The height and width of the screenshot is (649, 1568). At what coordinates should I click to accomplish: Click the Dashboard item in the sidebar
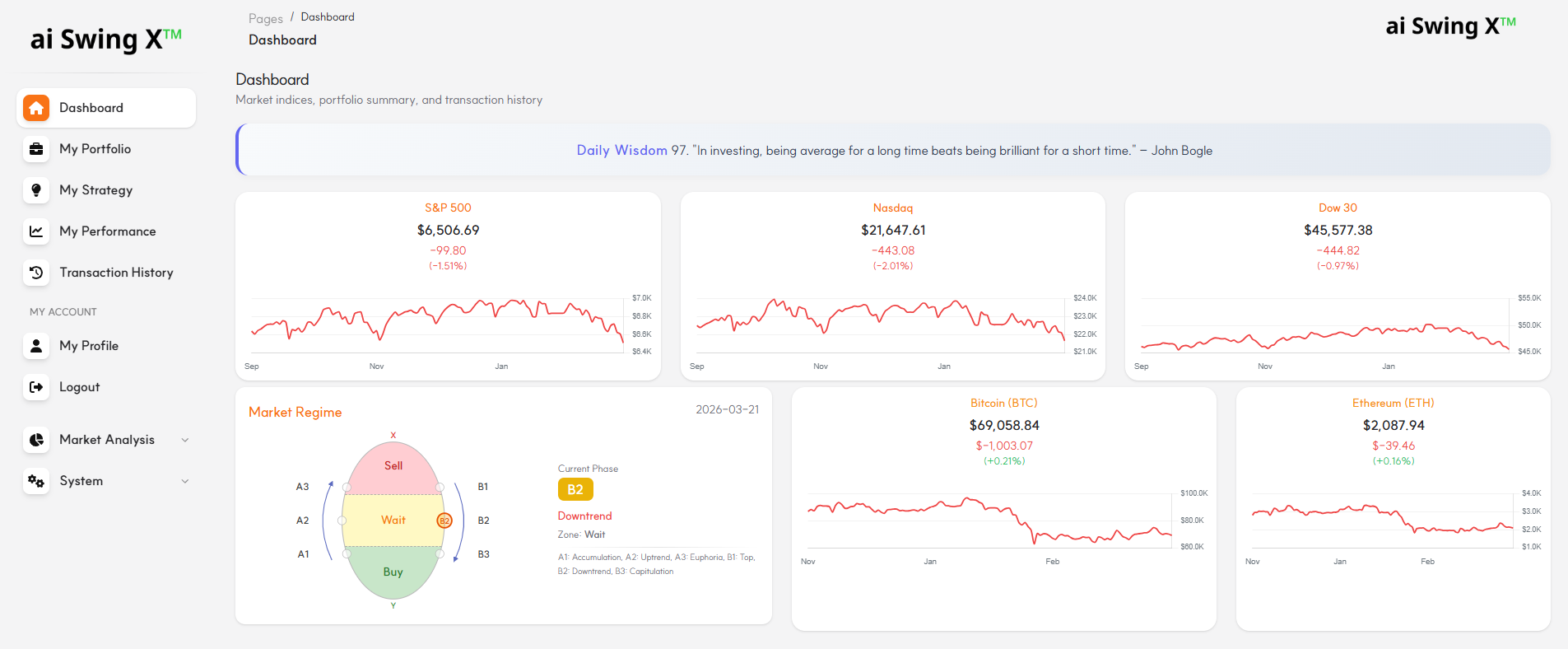click(x=91, y=108)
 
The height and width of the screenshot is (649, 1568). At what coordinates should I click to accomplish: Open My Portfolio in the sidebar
click(x=95, y=149)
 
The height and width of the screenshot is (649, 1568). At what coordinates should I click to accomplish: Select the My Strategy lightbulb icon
click(x=36, y=190)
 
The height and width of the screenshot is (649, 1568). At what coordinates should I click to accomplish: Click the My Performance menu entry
click(x=107, y=231)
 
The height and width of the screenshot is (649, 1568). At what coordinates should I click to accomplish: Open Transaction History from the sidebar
click(x=116, y=273)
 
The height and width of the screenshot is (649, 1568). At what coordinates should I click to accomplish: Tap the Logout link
click(x=79, y=387)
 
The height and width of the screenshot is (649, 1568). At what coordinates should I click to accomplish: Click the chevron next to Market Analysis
click(x=185, y=440)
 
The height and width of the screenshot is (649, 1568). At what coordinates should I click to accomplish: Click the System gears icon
click(x=36, y=481)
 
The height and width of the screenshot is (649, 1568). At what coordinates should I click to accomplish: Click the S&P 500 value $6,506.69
click(x=448, y=230)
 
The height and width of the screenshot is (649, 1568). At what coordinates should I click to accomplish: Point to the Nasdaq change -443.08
click(x=893, y=250)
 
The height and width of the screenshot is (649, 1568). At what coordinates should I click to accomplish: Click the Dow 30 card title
click(x=1338, y=208)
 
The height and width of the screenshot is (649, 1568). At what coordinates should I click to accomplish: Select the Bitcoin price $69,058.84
click(x=1004, y=425)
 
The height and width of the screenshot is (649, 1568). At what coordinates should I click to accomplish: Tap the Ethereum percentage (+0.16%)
click(x=1393, y=461)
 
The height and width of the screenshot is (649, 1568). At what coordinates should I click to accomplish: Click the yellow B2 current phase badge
click(x=575, y=489)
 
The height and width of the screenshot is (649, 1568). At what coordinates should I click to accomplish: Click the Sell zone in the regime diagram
click(x=393, y=466)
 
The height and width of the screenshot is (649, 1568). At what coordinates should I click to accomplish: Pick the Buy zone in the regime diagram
click(x=393, y=572)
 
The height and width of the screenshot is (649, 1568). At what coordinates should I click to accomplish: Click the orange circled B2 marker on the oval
click(x=444, y=521)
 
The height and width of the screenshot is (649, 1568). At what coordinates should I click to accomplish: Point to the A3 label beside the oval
click(x=302, y=487)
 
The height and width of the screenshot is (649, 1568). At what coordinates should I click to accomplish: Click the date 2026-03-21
click(x=727, y=409)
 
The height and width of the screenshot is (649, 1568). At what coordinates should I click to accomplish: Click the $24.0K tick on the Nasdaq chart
click(x=1084, y=298)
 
